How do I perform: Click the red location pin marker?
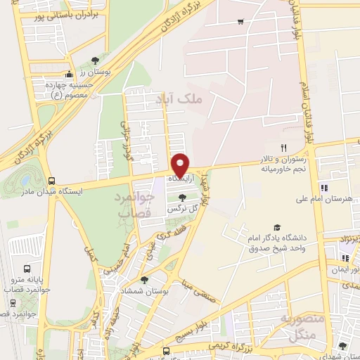point(181,165)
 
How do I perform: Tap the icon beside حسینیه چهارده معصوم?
point(69,75)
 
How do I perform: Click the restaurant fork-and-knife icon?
point(284,148)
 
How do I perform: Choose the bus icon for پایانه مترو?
point(27,269)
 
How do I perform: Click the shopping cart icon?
point(241,21)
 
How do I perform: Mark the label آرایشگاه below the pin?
point(180,181)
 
